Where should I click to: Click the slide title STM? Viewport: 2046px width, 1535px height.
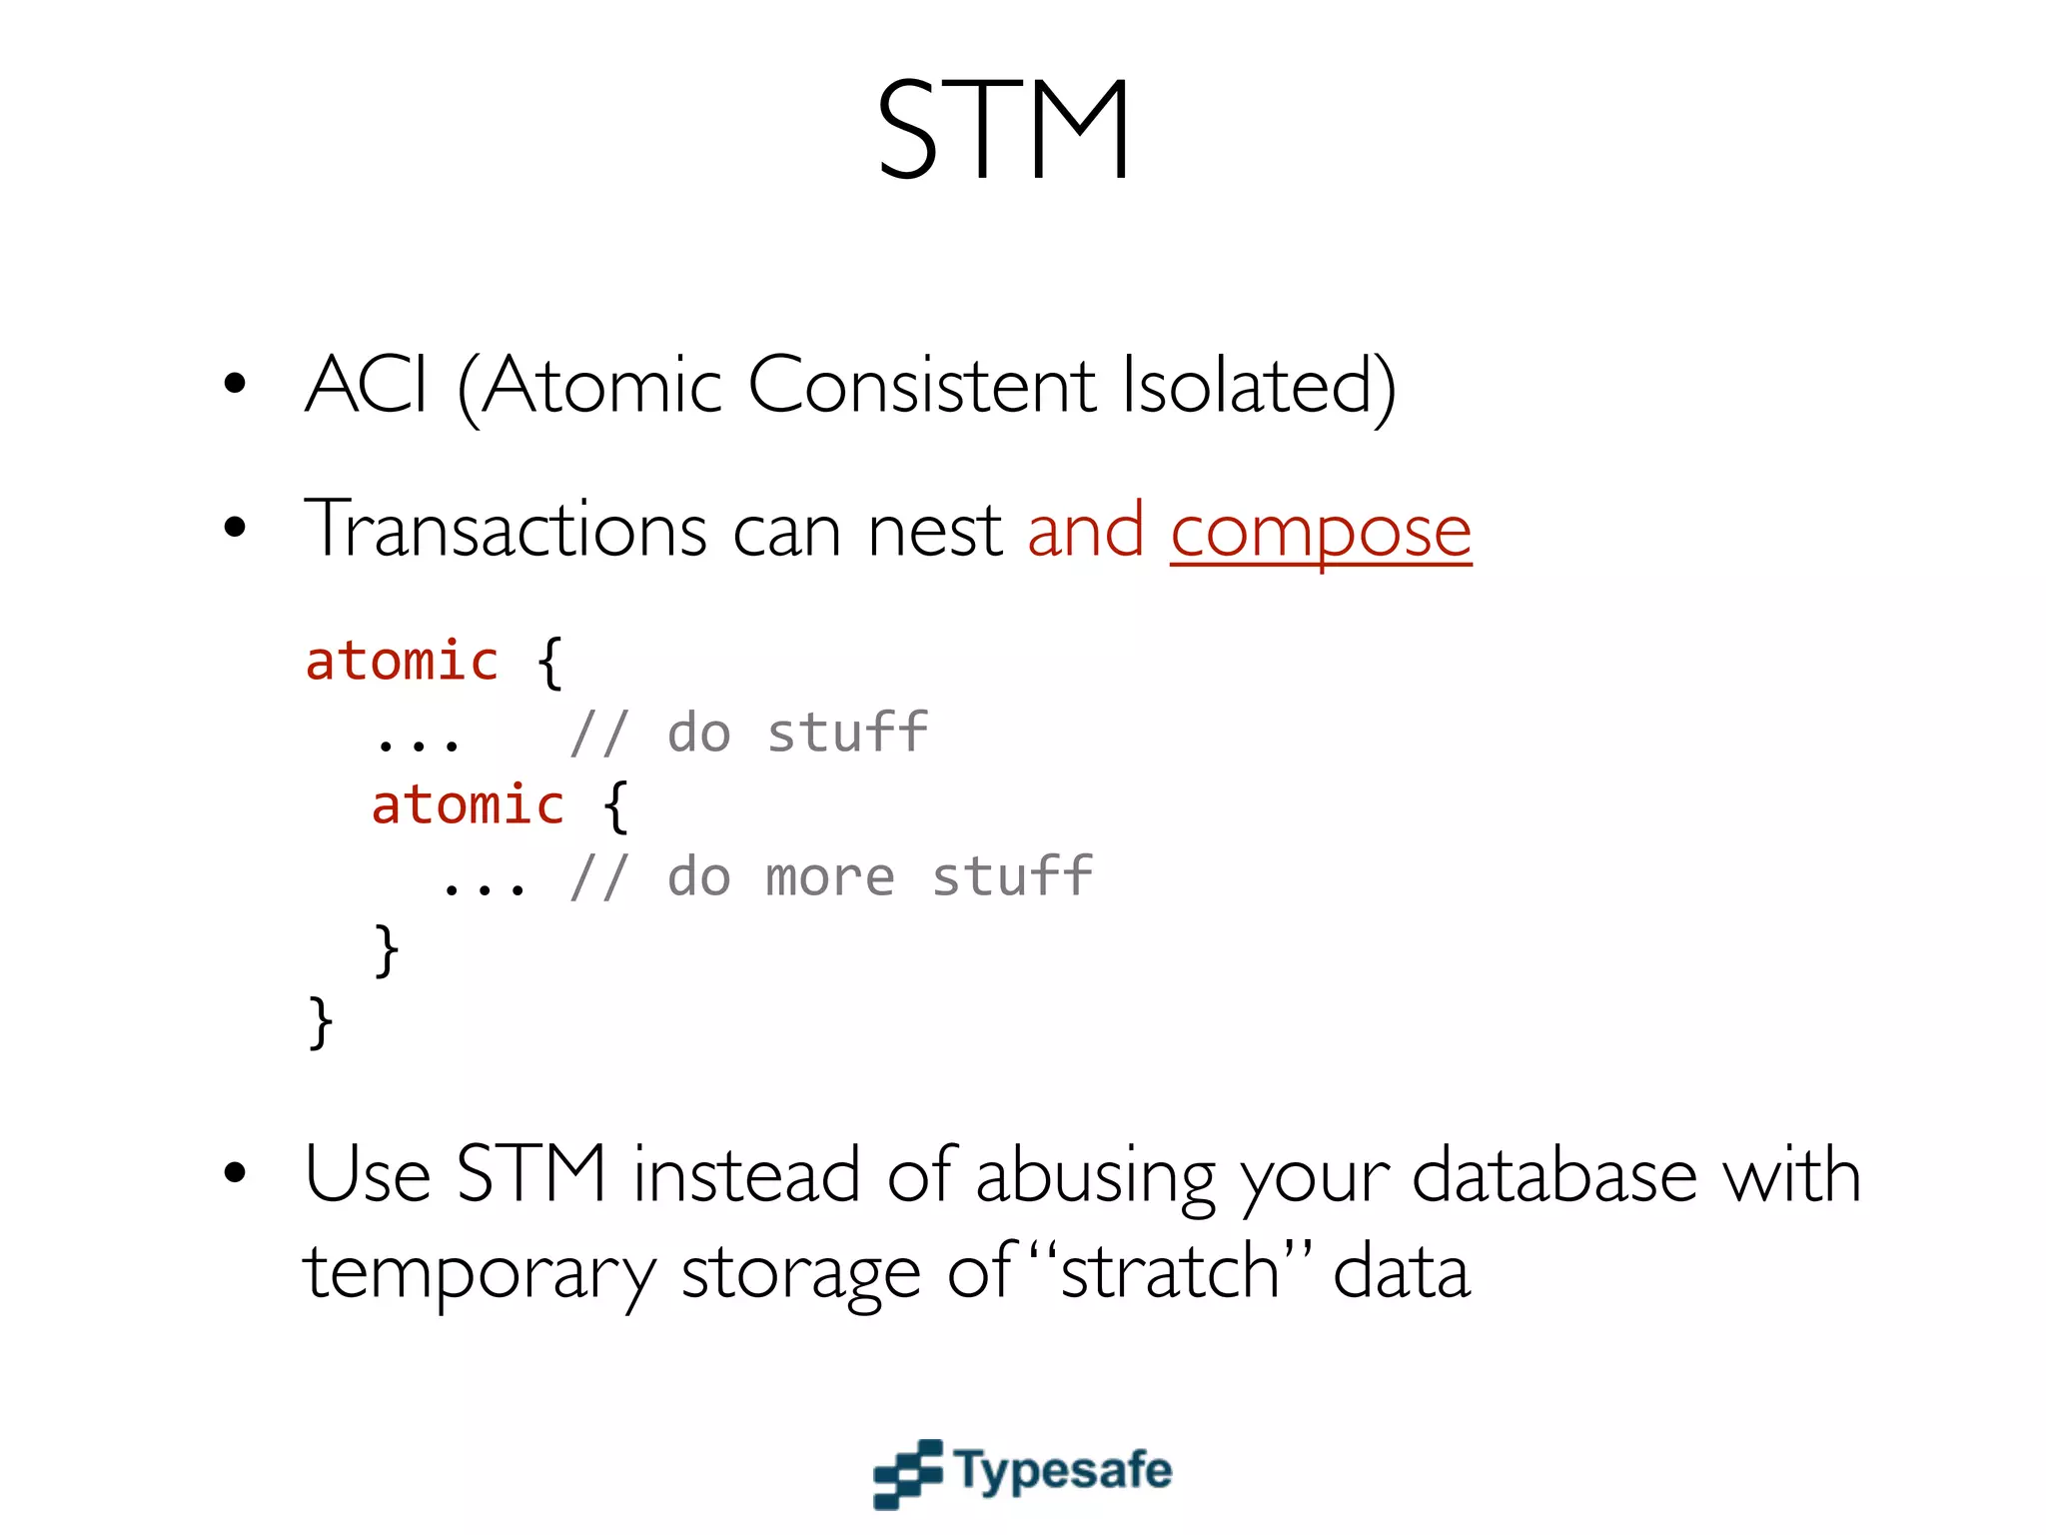[x=1004, y=130]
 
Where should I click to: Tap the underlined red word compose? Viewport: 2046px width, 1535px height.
[x=1320, y=532]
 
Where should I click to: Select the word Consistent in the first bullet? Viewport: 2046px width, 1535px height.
[x=921, y=386]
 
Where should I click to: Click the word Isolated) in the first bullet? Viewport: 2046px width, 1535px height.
[x=1258, y=386]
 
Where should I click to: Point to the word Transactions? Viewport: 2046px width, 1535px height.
[x=506, y=530]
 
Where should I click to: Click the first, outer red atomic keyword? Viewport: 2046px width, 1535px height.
[x=402, y=662]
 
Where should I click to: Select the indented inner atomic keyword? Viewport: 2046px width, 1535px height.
[x=468, y=805]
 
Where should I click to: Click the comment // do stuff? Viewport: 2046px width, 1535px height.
[x=748, y=733]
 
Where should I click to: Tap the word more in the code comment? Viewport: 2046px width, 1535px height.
[x=829, y=877]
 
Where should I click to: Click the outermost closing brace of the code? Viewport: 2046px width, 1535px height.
[x=320, y=1021]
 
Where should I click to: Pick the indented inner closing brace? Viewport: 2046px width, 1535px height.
[x=386, y=949]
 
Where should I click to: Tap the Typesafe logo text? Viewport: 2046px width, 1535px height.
[x=1062, y=1470]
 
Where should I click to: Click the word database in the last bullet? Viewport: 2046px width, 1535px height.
[x=1553, y=1175]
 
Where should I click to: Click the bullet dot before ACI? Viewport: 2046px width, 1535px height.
[x=235, y=383]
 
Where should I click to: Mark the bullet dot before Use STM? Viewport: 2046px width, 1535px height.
[x=235, y=1172]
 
